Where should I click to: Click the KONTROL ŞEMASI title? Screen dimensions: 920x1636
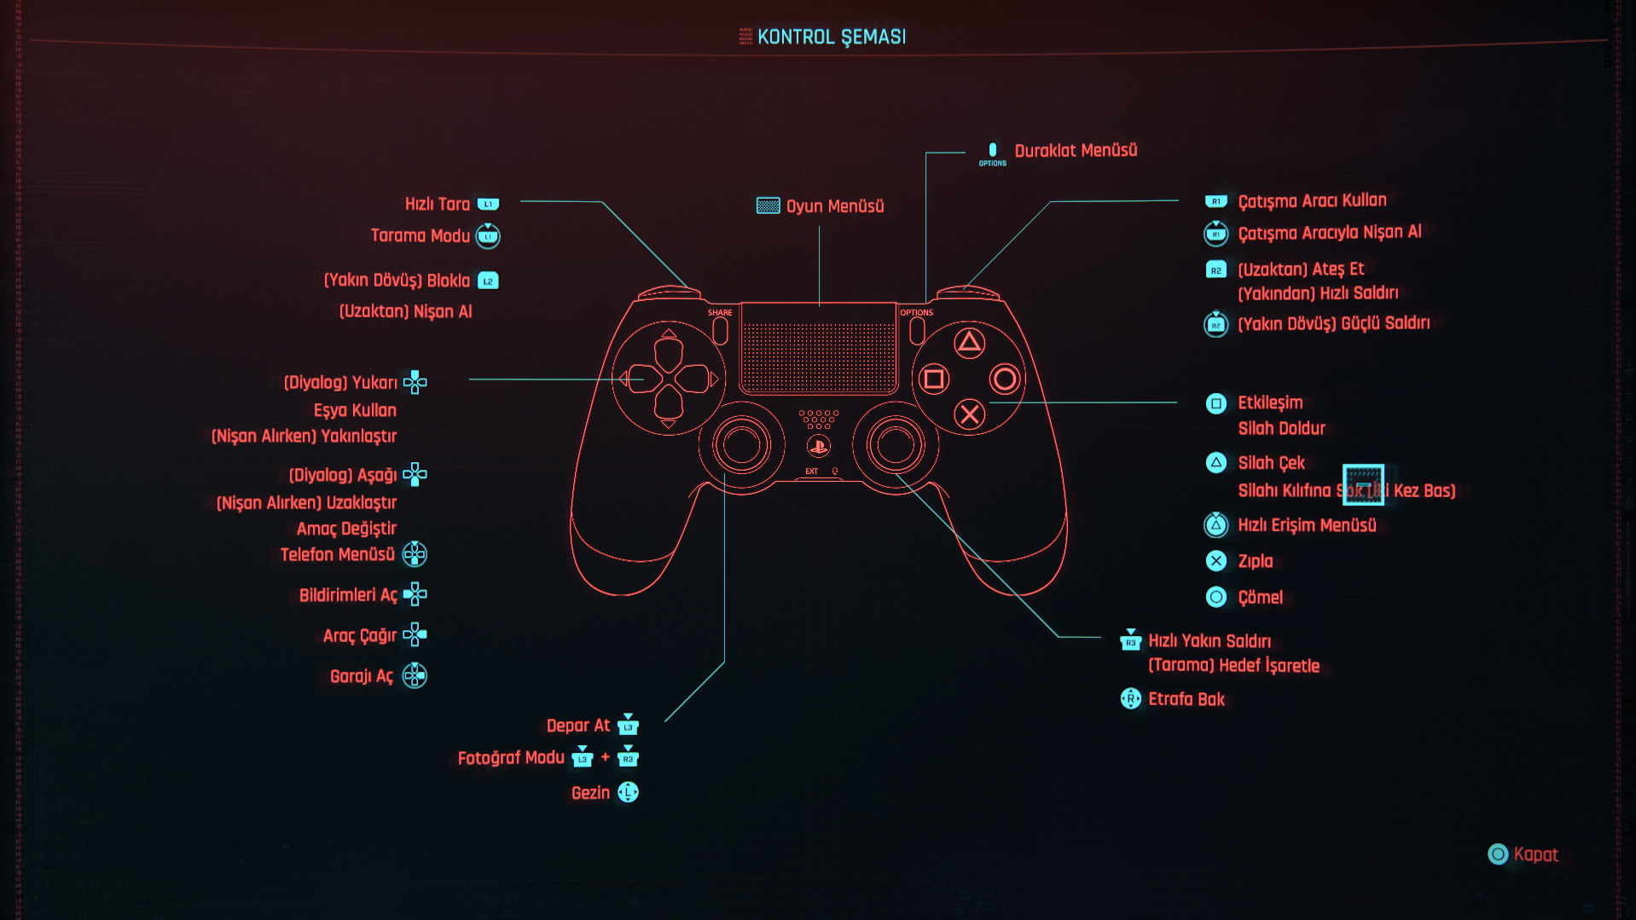tap(831, 37)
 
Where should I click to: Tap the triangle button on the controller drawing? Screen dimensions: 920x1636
tap(969, 344)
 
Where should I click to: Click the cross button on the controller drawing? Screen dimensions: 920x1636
tap(969, 415)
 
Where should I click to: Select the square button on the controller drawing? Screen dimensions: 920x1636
tap(934, 379)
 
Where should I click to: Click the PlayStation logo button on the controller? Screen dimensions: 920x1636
tap(818, 446)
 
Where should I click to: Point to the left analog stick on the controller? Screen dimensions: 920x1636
tap(741, 444)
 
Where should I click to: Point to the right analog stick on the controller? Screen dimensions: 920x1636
tap(895, 444)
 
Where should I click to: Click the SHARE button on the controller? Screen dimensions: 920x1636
tap(720, 330)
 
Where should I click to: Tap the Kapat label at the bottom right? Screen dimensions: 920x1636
tap(1535, 854)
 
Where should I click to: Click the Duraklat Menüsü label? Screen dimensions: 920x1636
tap(1075, 151)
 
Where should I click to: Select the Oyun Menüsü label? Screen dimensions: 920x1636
tap(834, 206)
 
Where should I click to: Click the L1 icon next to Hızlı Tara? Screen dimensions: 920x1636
tap(488, 205)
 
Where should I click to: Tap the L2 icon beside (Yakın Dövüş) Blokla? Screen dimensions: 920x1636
tap(488, 281)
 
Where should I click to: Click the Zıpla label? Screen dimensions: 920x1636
tap(1255, 561)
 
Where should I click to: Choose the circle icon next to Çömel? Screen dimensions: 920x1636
tap(1216, 597)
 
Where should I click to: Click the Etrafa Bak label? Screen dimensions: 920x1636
tap(1186, 699)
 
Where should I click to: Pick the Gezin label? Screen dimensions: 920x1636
tap(590, 793)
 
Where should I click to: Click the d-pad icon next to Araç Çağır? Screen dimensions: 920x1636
tap(415, 635)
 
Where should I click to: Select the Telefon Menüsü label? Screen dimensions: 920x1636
tap(337, 555)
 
